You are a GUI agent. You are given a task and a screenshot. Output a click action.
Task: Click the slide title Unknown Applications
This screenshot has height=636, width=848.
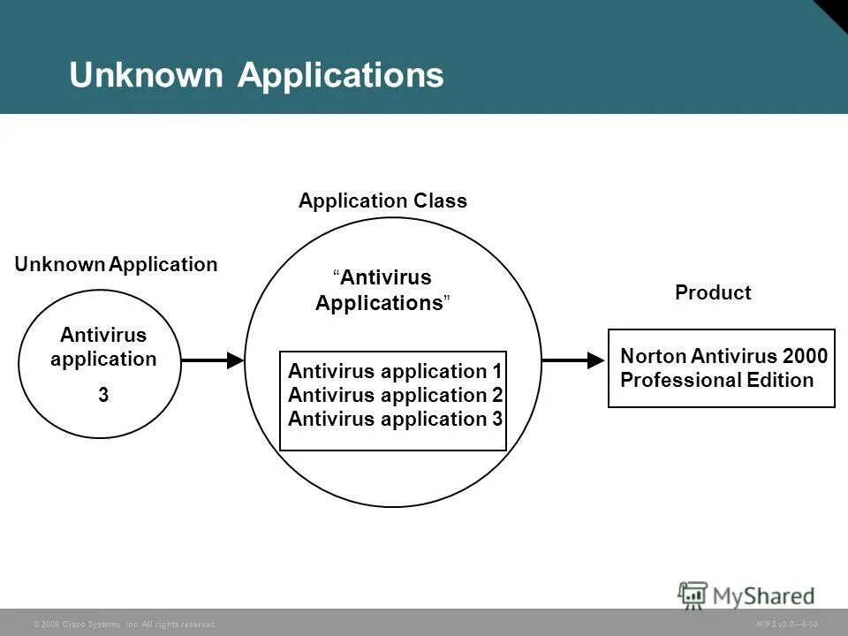256,76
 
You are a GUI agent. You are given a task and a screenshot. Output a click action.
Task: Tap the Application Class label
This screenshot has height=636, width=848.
382,201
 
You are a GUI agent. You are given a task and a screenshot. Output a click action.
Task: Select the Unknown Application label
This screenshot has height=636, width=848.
116,264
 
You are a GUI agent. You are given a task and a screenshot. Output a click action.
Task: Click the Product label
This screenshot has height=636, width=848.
713,293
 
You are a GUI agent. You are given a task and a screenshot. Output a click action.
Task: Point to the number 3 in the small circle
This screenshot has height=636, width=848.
103,396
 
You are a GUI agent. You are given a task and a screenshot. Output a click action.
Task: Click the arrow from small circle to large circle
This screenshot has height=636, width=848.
212,360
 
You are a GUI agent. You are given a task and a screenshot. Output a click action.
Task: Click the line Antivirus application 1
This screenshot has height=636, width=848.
395,372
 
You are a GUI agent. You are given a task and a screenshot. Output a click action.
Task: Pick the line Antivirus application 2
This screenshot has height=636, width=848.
395,395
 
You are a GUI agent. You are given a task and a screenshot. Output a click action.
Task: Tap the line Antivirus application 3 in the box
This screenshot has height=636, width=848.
395,419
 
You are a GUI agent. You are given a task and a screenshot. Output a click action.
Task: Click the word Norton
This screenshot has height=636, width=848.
653,357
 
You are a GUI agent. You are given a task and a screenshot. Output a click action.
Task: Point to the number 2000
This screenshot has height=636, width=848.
805,357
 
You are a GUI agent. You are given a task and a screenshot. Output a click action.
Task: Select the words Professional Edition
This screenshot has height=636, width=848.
716,381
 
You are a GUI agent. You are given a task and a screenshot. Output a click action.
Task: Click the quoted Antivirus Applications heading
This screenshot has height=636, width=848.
383,291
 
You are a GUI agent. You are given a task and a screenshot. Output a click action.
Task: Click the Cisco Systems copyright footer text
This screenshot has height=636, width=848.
125,625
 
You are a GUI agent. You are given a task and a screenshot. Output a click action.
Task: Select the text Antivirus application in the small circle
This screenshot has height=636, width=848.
103,347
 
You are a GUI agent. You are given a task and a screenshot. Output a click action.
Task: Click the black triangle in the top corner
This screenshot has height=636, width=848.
836,11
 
